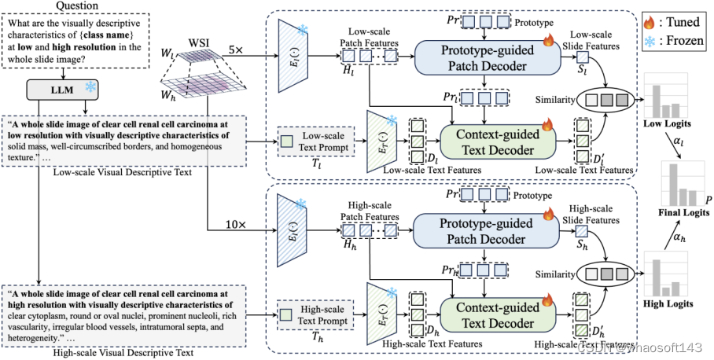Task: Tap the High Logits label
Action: click(667, 303)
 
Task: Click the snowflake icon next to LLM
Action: click(92, 90)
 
